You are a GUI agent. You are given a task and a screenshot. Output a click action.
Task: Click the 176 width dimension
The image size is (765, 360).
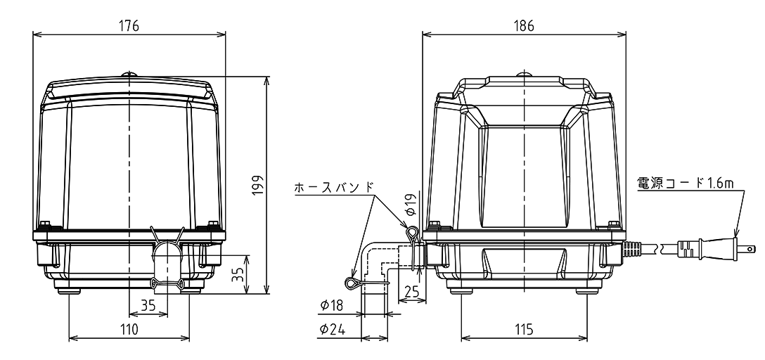coord(129,25)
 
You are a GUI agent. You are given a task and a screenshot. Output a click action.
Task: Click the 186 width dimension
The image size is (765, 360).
coord(524,25)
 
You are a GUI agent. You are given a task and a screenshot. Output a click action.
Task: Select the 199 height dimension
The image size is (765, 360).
coord(258,185)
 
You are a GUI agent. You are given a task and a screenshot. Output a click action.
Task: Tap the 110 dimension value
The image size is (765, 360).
coord(129,329)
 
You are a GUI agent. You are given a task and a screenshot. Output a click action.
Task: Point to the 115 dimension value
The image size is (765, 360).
coord(524,329)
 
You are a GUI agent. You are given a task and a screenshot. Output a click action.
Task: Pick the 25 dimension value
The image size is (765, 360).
coord(412,292)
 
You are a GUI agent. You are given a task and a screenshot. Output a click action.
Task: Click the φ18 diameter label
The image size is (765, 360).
coord(332,306)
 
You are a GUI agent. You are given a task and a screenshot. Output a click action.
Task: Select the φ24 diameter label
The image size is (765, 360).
coord(333,330)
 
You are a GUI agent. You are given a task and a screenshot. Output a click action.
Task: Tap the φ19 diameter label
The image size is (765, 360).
coord(411,205)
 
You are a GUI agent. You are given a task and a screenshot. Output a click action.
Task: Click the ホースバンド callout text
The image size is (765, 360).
coord(334,187)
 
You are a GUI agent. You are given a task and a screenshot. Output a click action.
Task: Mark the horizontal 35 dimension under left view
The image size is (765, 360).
coord(148,305)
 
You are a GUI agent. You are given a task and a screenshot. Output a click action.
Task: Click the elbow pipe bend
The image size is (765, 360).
coord(375,264)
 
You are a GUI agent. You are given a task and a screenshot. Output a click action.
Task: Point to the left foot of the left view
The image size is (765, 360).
coord(70,291)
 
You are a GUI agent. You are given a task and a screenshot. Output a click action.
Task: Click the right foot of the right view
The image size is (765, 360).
coord(588,291)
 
